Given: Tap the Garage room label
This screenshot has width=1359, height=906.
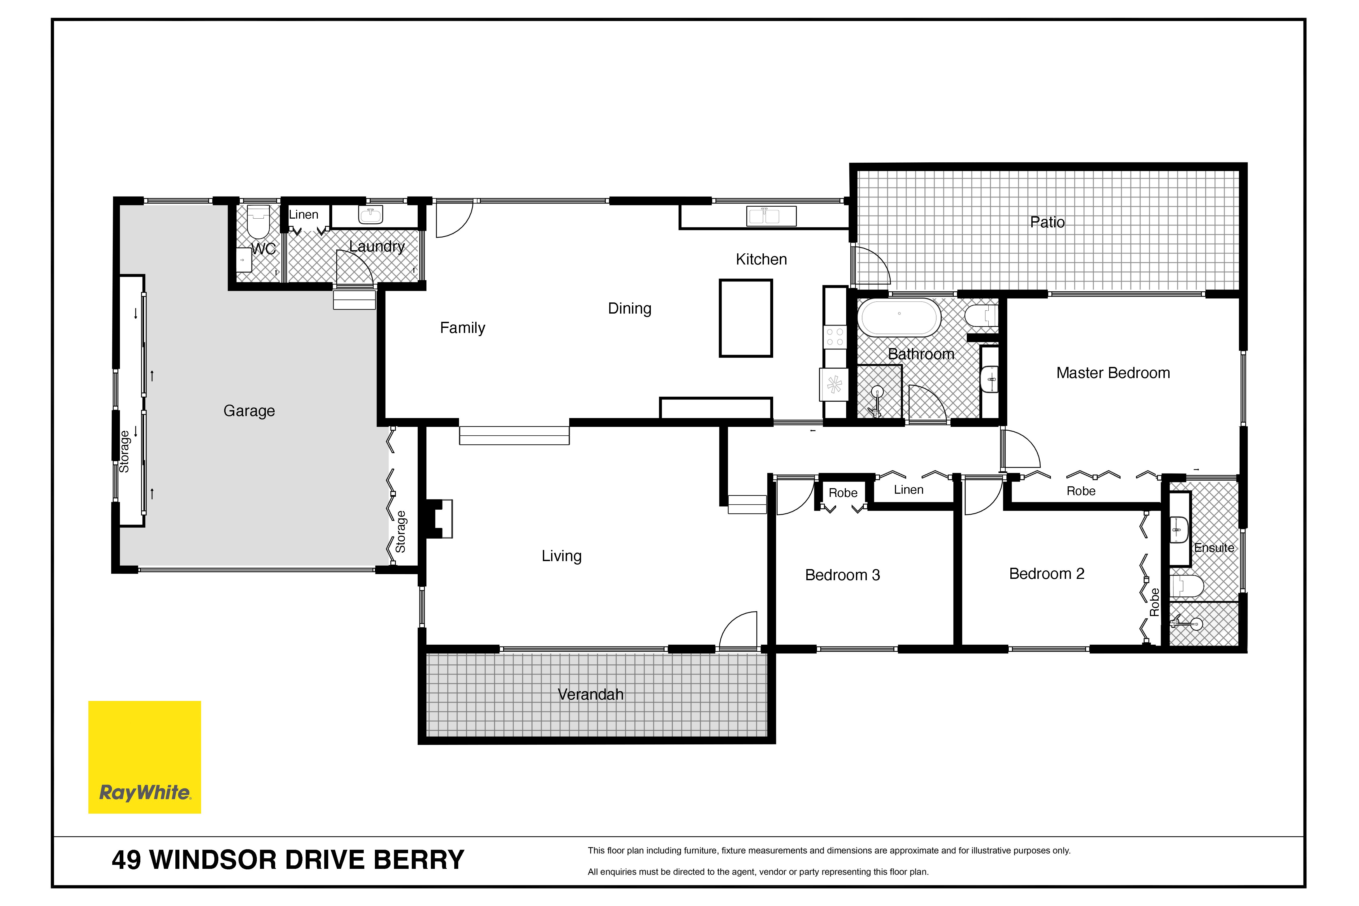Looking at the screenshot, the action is [249, 411].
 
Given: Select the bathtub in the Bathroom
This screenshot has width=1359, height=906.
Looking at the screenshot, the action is [899, 317].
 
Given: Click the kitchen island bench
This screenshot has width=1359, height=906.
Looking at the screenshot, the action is [746, 318].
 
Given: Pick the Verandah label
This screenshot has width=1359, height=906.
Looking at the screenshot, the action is [591, 695].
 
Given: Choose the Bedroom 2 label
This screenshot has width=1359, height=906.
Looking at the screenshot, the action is [1046, 574].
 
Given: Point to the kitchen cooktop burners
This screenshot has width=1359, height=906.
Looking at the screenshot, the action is [835, 337].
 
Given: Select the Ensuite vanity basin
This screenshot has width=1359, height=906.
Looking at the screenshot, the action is [1179, 529].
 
